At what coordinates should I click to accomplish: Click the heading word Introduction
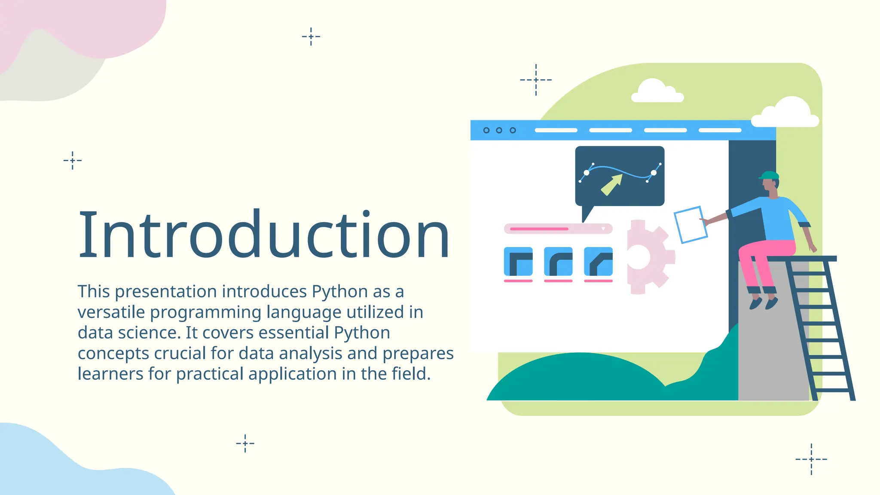(x=264, y=235)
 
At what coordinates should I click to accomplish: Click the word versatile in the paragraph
(x=111, y=312)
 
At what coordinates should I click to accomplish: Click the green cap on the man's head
(x=769, y=175)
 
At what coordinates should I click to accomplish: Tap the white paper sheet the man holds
(x=691, y=224)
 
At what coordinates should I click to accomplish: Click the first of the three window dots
(x=486, y=130)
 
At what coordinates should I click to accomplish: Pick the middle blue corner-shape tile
(x=558, y=261)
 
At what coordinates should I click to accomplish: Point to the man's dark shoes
(x=763, y=303)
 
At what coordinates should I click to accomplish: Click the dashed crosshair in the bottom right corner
(x=811, y=459)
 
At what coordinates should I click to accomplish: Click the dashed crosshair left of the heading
(x=73, y=161)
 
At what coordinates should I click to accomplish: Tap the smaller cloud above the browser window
(x=656, y=92)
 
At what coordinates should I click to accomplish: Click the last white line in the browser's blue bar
(x=720, y=130)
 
